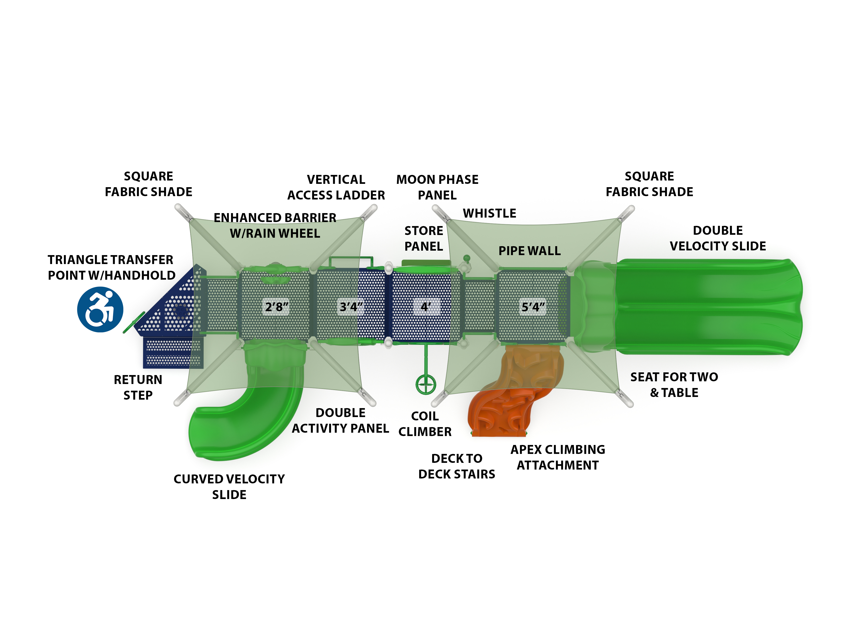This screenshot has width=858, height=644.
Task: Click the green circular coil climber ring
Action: [425, 385]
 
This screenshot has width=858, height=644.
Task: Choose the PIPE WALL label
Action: [530, 251]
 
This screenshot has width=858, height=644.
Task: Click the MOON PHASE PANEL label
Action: [437, 187]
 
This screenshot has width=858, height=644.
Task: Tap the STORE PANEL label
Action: [424, 238]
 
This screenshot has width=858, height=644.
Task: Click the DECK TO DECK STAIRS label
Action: [456, 466]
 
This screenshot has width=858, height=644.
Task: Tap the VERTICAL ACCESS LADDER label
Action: [336, 187]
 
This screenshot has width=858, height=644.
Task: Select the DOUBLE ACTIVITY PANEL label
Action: [340, 420]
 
